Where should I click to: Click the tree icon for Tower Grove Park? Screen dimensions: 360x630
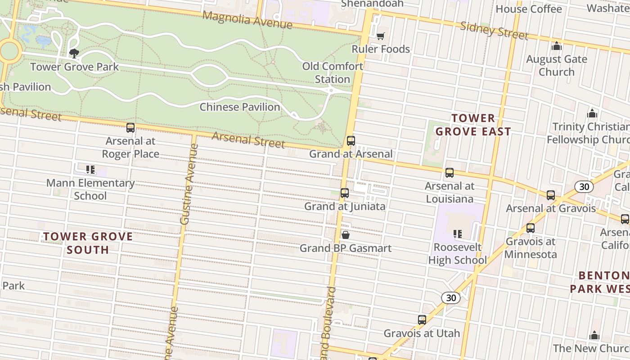click(x=74, y=54)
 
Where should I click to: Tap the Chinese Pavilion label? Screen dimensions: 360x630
click(x=239, y=107)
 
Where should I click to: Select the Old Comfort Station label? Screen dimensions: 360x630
click(x=332, y=72)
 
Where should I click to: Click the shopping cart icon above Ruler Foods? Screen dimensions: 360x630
click(x=381, y=36)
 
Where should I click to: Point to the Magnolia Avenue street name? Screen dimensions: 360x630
click(x=247, y=20)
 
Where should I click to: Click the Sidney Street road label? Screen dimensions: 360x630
click(x=494, y=30)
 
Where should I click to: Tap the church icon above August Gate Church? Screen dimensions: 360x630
click(x=557, y=46)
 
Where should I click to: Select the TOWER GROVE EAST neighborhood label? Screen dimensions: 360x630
click(x=473, y=125)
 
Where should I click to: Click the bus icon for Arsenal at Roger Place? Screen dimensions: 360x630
click(x=130, y=128)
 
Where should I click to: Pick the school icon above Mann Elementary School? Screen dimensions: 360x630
click(x=90, y=170)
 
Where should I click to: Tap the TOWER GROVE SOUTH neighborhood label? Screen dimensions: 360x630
click(x=88, y=243)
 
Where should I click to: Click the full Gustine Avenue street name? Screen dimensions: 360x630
click(x=188, y=184)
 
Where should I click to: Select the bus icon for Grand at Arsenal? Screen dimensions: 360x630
click(x=351, y=141)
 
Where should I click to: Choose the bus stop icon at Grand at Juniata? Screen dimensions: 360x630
click(x=345, y=193)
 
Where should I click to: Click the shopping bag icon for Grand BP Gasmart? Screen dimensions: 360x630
click(x=346, y=235)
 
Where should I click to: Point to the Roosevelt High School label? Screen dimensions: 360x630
click(x=457, y=254)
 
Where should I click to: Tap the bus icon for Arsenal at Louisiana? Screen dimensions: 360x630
click(x=449, y=173)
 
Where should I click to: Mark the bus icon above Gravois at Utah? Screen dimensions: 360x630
click(x=422, y=320)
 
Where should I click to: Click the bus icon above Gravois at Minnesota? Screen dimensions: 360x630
click(x=531, y=228)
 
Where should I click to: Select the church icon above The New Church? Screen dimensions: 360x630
click(x=594, y=335)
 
